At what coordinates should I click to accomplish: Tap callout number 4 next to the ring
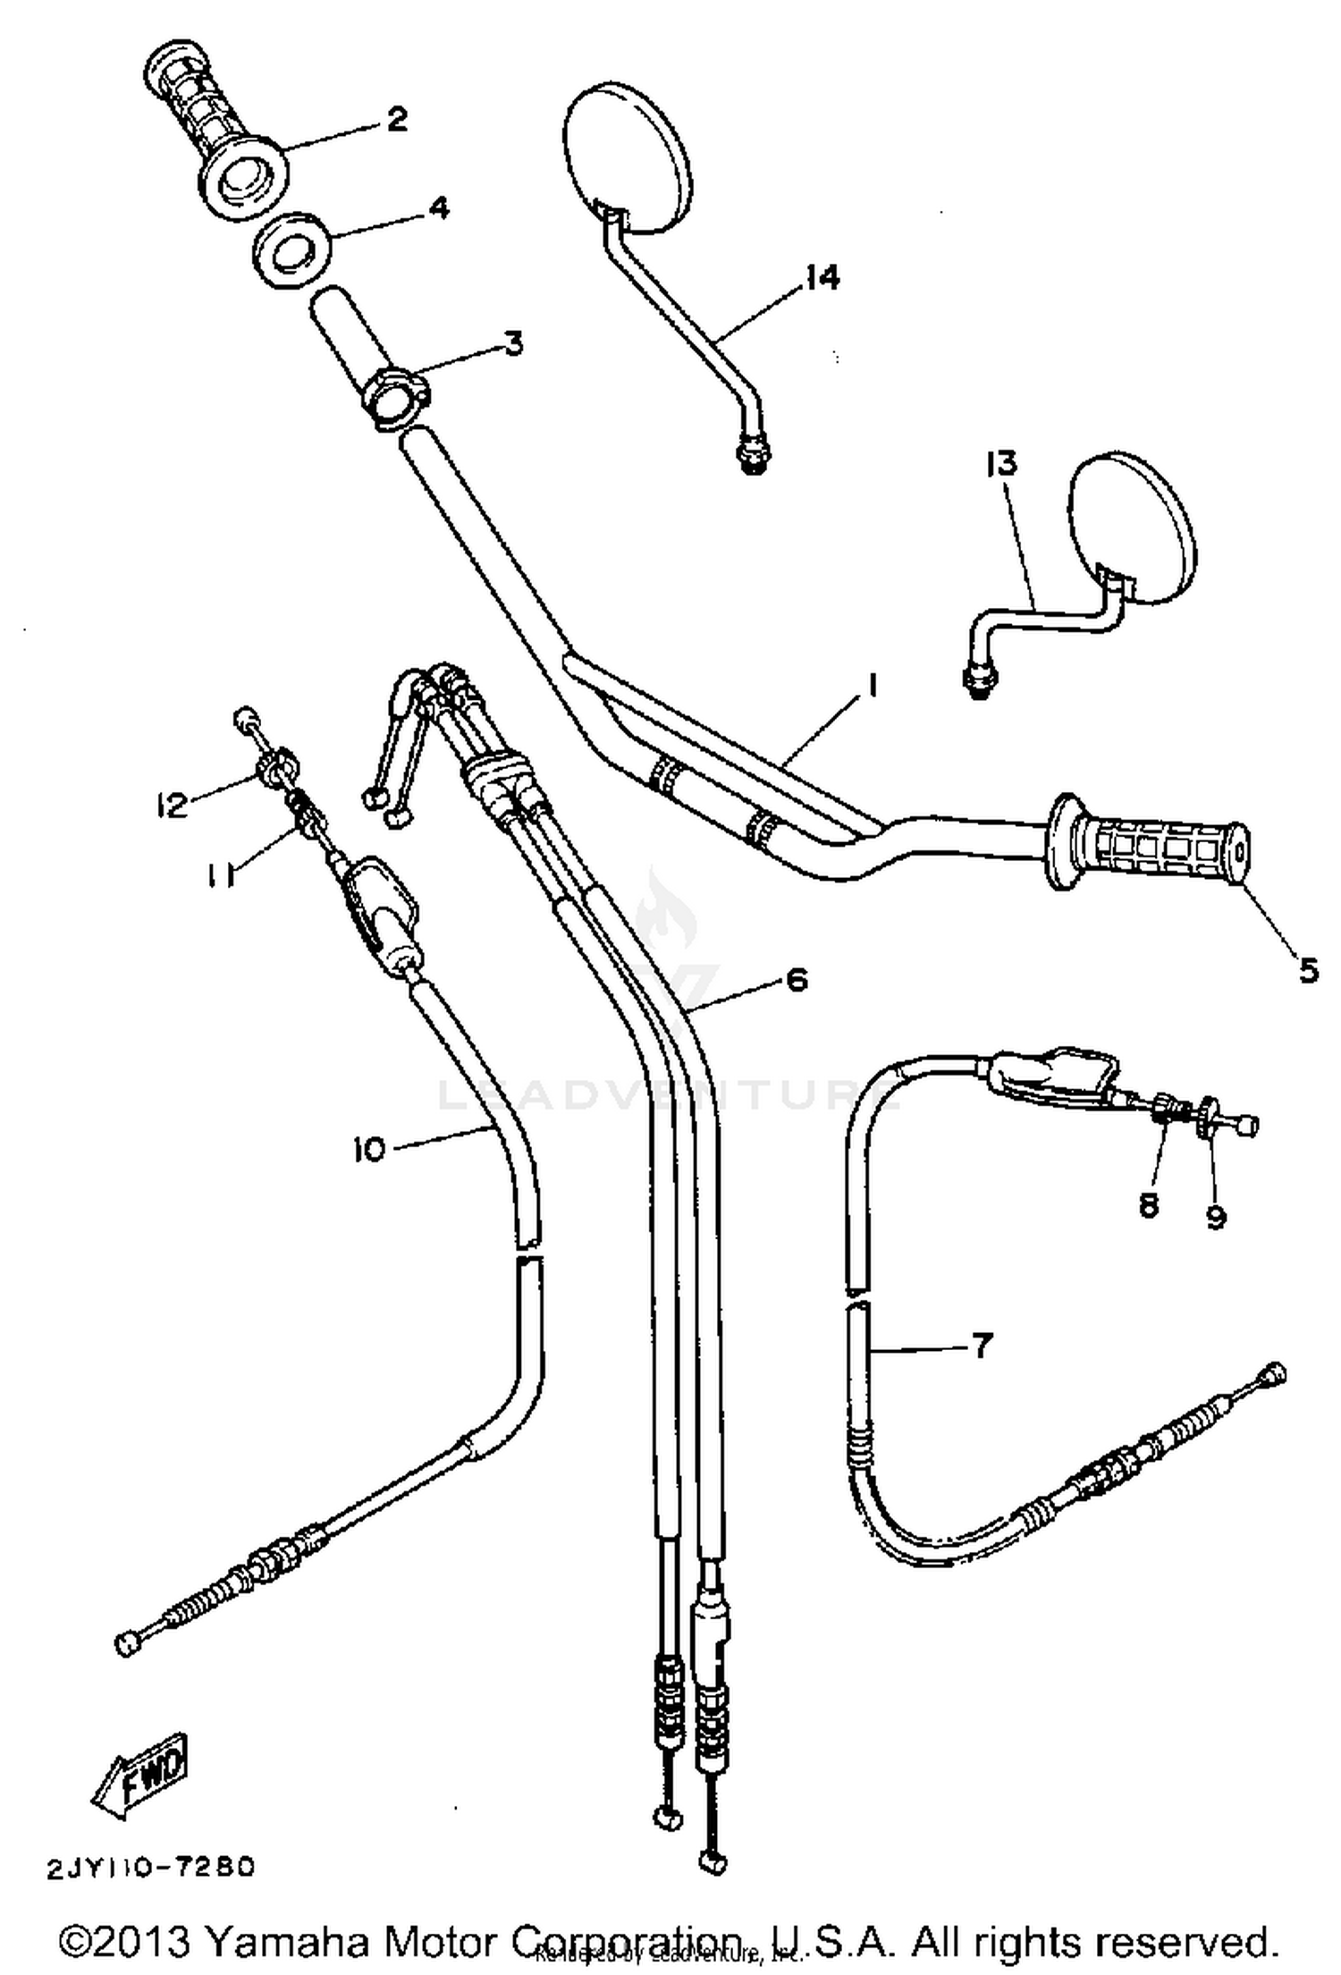438,209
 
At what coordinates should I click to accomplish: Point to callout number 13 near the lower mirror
1002,463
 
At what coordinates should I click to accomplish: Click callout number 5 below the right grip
1308,969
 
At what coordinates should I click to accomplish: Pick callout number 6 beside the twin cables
797,979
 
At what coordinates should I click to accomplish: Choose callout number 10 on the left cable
369,1148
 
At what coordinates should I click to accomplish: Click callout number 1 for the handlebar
872,687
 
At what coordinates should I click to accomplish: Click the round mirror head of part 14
631,158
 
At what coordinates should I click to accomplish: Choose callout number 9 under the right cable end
1215,1217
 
